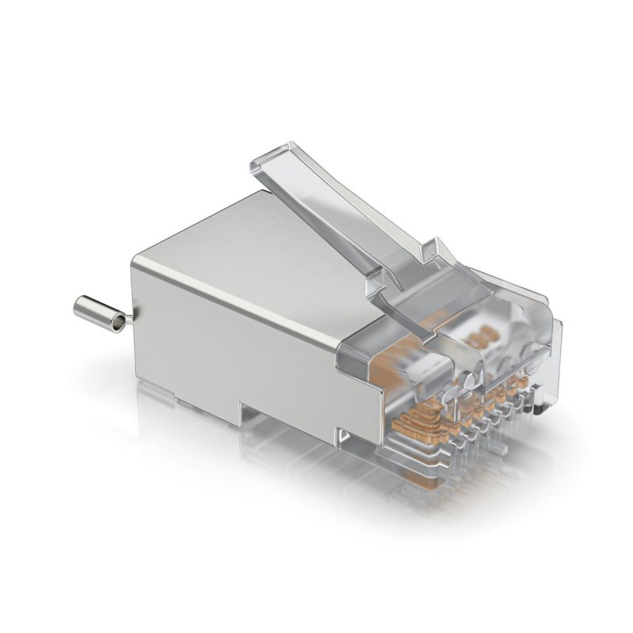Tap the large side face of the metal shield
click(237, 332)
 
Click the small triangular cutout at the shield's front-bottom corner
click(342, 432)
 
